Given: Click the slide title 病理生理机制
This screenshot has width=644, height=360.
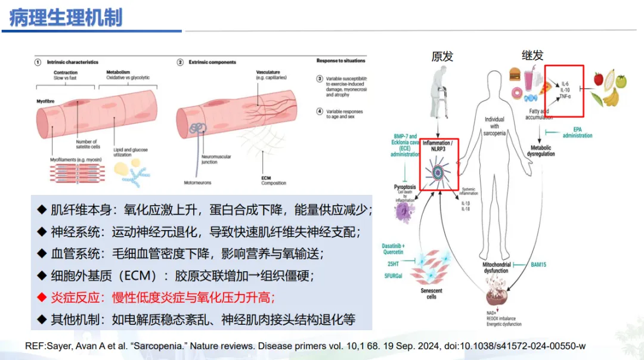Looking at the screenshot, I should [x=66, y=17].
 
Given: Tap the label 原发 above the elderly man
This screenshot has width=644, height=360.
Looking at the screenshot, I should [x=442, y=56].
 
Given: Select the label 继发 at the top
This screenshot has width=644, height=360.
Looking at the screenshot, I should [x=532, y=55].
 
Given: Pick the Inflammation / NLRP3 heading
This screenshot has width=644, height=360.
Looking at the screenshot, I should [x=441, y=147].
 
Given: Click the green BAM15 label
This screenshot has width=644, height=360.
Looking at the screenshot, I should [x=538, y=264].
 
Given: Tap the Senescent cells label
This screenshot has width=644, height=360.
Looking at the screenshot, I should [x=431, y=293].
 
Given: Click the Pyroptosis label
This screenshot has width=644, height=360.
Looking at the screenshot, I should [x=405, y=187].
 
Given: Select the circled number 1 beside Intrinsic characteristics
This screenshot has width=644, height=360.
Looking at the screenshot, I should [x=37, y=62].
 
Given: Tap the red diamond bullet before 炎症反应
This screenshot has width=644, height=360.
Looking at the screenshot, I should [x=41, y=296].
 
